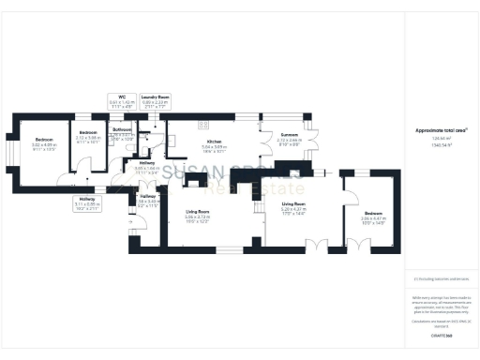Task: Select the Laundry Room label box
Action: [x=154, y=100]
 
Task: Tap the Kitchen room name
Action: [x=215, y=141]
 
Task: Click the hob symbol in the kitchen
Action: [x=201, y=125]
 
